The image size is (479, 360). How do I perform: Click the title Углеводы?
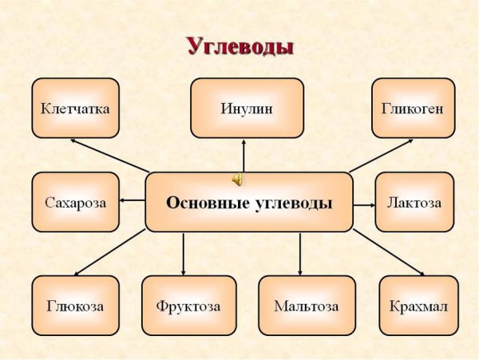(x=240, y=45)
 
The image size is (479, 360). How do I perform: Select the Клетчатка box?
(x=75, y=107)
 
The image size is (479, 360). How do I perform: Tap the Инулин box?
(x=247, y=107)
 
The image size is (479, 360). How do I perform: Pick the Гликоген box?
(x=413, y=107)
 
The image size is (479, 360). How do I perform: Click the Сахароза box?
(x=75, y=202)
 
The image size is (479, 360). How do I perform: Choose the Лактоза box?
(x=414, y=202)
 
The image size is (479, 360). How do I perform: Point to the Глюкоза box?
(x=75, y=305)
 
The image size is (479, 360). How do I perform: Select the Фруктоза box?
(x=188, y=305)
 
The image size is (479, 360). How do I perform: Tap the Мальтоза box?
(x=307, y=305)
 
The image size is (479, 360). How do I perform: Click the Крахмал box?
(x=418, y=305)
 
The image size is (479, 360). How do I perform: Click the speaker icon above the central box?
(x=238, y=177)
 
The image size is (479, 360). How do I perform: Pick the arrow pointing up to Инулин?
(x=245, y=155)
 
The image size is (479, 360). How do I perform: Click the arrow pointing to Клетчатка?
(x=108, y=154)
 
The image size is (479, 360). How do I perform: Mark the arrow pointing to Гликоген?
(x=382, y=155)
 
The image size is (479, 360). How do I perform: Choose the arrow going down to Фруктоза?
(x=184, y=254)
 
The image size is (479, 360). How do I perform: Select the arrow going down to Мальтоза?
(x=300, y=254)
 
